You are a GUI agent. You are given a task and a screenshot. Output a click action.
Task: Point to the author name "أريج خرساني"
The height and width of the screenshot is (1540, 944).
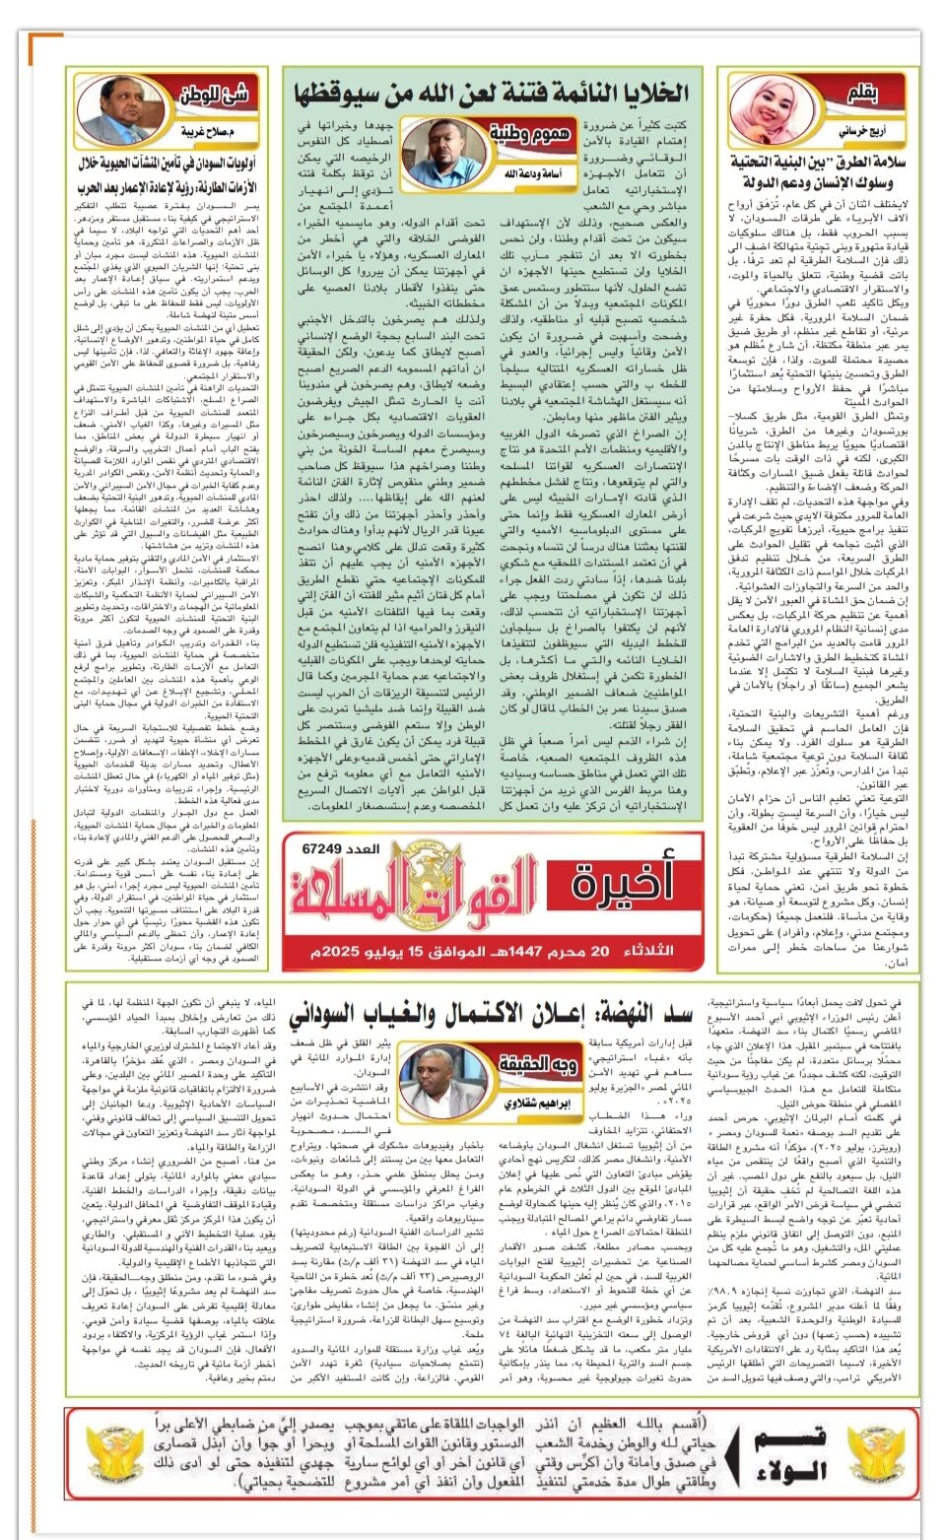(x=862, y=130)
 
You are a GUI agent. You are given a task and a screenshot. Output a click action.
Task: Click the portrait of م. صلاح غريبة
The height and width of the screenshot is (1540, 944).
(x=119, y=109)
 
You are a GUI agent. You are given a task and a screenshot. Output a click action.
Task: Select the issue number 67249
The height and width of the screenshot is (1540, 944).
(x=340, y=848)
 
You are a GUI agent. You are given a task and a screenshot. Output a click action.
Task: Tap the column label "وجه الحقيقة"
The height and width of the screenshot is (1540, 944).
(x=537, y=1064)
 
